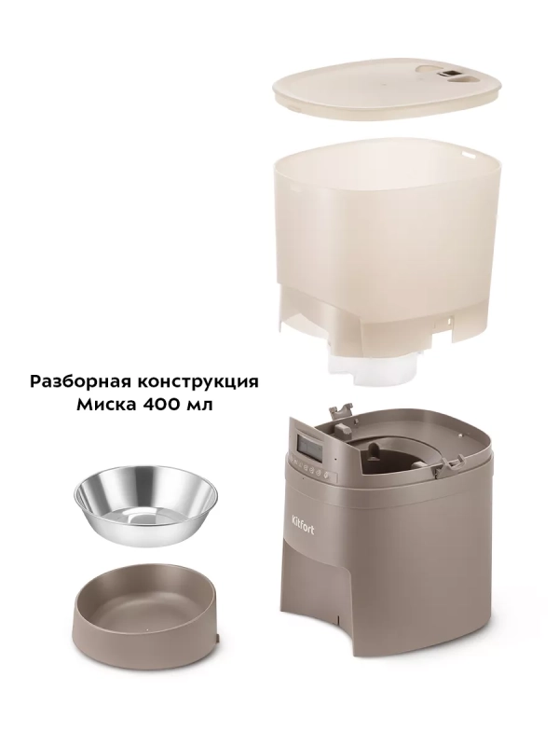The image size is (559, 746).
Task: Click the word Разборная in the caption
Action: (78, 381)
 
